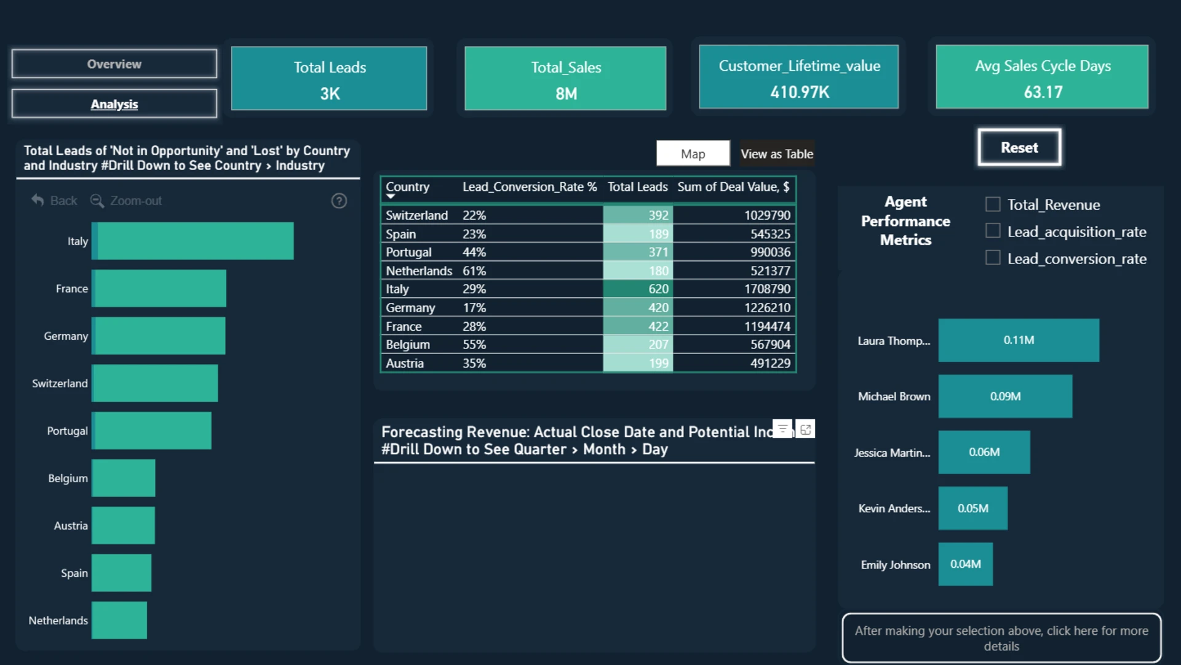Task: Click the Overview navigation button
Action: (x=114, y=64)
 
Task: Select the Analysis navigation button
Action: (x=114, y=103)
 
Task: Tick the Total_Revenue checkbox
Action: (x=993, y=204)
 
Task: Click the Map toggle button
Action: (x=693, y=153)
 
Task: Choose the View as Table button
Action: (x=777, y=153)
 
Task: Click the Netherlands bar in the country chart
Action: (x=119, y=620)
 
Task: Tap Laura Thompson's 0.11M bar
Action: (x=1019, y=340)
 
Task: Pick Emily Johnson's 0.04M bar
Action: (x=965, y=564)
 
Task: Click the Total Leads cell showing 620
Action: (x=638, y=289)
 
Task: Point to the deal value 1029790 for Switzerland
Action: (x=767, y=215)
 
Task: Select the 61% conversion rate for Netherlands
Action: (x=474, y=270)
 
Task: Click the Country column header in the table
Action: (x=407, y=187)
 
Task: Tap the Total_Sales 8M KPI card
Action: (x=565, y=78)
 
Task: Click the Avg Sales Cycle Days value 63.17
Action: (x=1043, y=92)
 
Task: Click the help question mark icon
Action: (x=339, y=201)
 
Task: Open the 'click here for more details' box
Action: (x=1001, y=638)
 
